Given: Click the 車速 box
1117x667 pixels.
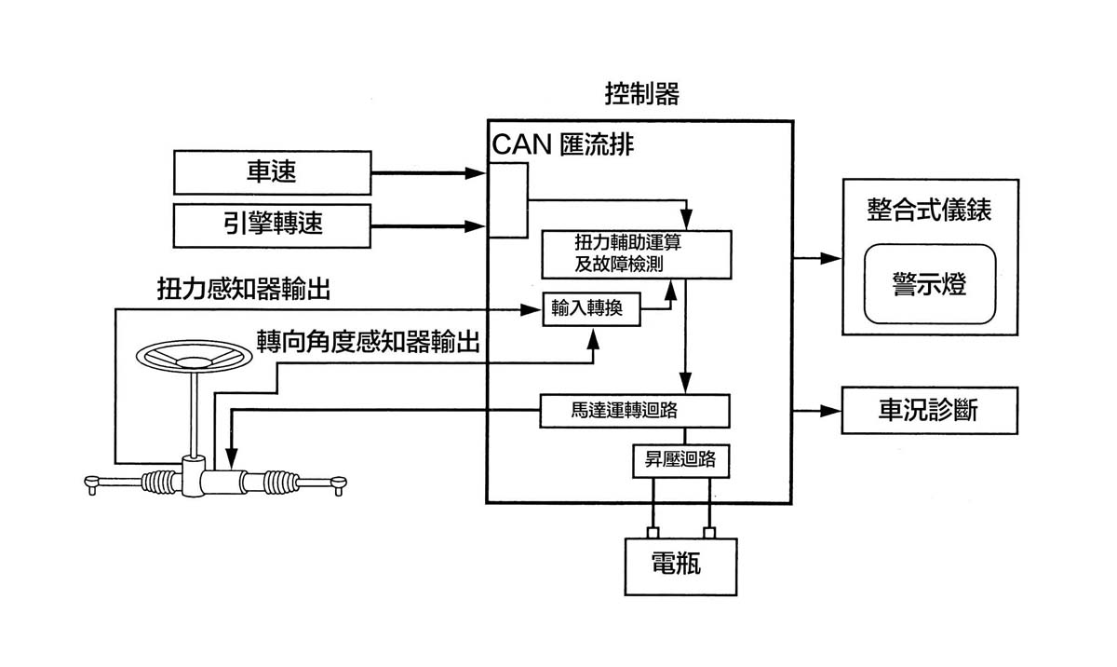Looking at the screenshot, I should (x=272, y=172).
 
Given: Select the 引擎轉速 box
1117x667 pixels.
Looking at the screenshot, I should (x=272, y=225).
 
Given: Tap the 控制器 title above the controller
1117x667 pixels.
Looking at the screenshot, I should (x=641, y=94).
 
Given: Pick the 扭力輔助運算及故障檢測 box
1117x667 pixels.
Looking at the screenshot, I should (x=637, y=252).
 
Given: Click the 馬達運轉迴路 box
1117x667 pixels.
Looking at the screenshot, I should (x=634, y=410).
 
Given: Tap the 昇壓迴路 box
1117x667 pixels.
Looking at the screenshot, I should (x=680, y=460).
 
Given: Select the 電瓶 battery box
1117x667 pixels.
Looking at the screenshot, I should (x=680, y=565).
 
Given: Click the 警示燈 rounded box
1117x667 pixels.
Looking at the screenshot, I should (x=929, y=283).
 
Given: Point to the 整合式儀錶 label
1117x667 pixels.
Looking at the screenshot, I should (x=929, y=210).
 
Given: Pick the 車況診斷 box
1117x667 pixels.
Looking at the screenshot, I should (x=929, y=410).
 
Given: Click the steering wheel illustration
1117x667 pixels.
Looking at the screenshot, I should (x=194, y=358).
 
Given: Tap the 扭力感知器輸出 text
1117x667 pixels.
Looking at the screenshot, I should (x=243, y=290).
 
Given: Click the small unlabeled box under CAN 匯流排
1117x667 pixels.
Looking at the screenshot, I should (x=508, y=199).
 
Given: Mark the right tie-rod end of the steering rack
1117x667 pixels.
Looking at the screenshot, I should (x=339, y=482).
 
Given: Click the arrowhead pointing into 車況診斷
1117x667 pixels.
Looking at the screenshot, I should (x=834, y=410).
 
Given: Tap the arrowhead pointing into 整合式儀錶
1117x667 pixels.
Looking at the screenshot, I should (x=834, y=258).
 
